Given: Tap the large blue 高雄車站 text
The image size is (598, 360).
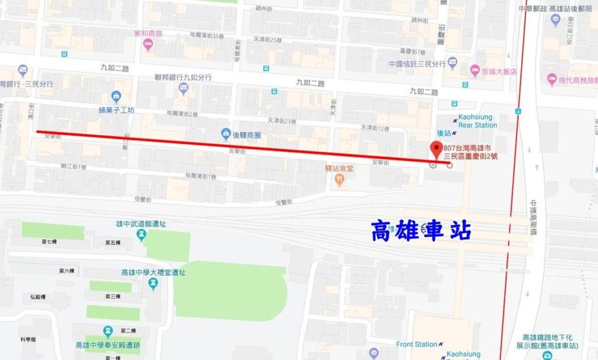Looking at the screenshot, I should [x=421, y=230].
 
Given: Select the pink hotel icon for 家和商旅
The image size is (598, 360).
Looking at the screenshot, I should [x=148, y=45].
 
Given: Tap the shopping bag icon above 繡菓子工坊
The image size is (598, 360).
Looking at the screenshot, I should [x=116, y=97].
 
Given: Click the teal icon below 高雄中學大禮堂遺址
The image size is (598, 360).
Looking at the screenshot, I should [x=153, y=283].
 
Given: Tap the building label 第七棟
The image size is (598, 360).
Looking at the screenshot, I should [x=49, y=242].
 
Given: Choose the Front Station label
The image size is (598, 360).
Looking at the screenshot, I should [x=416, y=345].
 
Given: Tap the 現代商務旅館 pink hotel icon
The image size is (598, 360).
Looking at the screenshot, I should [x=552, y=80].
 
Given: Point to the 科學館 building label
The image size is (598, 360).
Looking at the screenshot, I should [x=28, y=340].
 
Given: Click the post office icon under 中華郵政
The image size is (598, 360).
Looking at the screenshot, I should [x=555, y=19].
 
